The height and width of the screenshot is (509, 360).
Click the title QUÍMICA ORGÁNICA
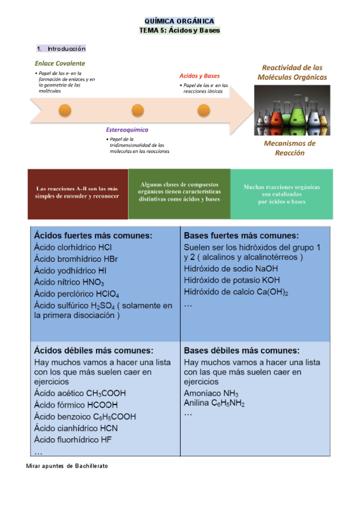pyautogui.click(x=179, y=20)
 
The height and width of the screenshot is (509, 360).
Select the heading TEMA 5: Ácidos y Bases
pyautogui.click(x=179, y=29)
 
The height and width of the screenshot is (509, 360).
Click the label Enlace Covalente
pyautogui.click(x=59, y=63)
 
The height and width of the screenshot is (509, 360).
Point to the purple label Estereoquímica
pyautogui.click(x=127, y=130)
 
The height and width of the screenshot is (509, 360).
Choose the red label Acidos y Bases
pyautogui.click(x=199, y=76)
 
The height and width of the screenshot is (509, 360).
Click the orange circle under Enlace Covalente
pyautogui.click(x=65, y=110)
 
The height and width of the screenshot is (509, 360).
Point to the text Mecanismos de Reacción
pyautogui.click(x=289, y=148)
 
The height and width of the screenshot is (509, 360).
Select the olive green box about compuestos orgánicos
pyautogui.click(x=179, y=192)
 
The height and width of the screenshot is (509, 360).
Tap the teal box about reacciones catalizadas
pyautogui.click(x=281, y=194)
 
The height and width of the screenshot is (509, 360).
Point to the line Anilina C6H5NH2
pyautogui.click(x=214, y=403)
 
